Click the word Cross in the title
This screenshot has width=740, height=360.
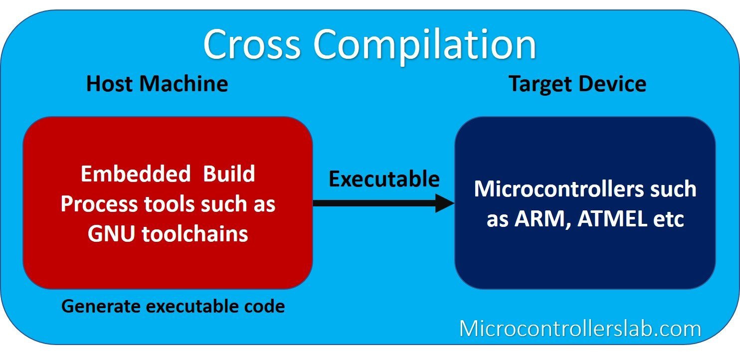pyautogui.click(x=252, y=45)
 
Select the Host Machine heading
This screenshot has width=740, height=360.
pyautogui.click(x=157, y=84)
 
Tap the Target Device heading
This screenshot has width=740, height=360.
pyautogui.click(x=577, y=84)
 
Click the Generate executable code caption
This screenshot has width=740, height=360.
pyautogui.click(x=173, y=306)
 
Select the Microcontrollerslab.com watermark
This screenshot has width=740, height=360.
pyautogui.click(x=580, y=329)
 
